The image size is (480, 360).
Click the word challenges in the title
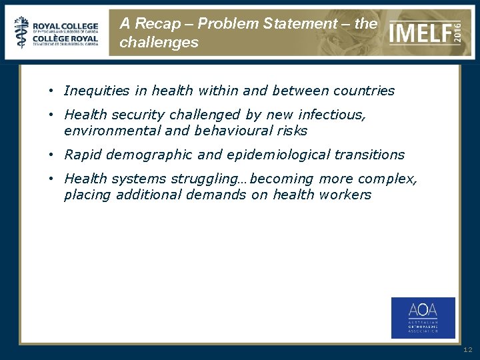coord(159,43)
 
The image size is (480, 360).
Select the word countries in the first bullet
coord(365,91)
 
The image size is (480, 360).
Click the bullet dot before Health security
coord(51,115)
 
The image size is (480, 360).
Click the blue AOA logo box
coord(423,317)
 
